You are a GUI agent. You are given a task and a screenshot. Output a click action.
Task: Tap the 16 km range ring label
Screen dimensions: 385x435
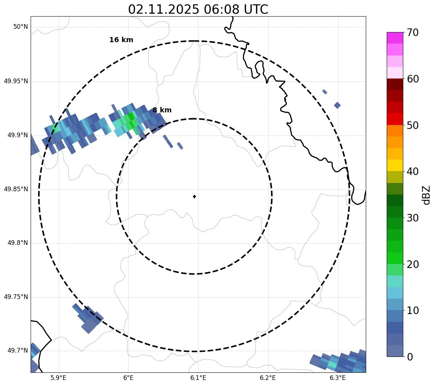(x=121, y=40)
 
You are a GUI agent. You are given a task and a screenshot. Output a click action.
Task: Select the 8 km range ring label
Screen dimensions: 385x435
(x=162, y=110)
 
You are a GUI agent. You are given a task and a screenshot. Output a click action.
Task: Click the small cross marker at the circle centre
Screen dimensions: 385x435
(x=194, y=197)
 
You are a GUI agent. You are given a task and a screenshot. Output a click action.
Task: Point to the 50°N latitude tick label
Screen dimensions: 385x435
(x=21, y=27)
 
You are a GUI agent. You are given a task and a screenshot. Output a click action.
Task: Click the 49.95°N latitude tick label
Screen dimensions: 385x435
(x=16, y=81)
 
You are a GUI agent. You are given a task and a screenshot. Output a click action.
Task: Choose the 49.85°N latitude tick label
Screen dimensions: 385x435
(x=16, y=189)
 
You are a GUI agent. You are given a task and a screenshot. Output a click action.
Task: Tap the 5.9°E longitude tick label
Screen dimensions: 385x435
(x=58, y=378)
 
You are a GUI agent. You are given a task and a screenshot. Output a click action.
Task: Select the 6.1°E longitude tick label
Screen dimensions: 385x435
(x=198, y=378)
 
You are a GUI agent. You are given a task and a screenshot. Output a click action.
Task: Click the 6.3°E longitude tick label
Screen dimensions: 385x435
(x=338, y=378)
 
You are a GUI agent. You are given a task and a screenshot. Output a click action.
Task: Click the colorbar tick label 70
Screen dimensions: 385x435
(x=413, y=32)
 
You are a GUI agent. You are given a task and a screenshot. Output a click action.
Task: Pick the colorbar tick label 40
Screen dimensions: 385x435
(x=413, y=171)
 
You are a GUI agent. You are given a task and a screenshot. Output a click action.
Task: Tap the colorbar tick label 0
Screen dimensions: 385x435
(x=410, y=357)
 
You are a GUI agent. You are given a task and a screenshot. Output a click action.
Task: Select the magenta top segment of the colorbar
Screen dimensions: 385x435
(x=395, y=38)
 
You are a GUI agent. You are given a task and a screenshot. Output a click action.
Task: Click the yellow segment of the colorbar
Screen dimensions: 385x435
(x=395, y=165)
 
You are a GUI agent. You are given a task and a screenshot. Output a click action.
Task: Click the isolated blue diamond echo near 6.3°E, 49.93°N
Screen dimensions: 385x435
(x=337, y=105)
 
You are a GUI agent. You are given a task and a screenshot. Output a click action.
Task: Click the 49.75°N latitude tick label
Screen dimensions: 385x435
(x=16, y=297)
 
